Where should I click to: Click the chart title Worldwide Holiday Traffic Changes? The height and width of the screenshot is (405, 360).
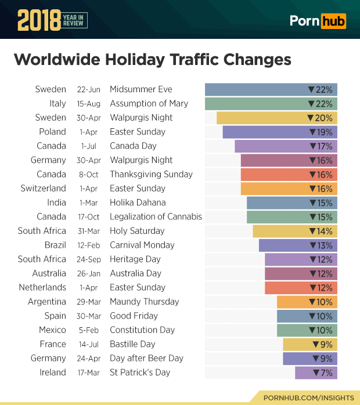(x=152, y=60)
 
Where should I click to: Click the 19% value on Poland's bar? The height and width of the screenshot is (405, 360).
(x=321, y=132)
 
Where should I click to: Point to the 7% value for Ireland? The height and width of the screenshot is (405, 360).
(x=323, y=373)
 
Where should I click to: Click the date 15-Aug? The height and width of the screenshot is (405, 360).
(x=89, y=104)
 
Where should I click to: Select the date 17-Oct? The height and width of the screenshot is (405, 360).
(x=89, y=217)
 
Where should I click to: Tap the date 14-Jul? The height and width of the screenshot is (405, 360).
(x=89, y=344)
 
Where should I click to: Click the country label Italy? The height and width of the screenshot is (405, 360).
(x=57, y=103)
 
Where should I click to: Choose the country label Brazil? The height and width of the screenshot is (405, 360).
(x=55, y=245)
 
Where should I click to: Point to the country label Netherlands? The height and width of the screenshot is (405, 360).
(x=42, y=287)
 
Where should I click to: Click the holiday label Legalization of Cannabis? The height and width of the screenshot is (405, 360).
(x=156, y=216)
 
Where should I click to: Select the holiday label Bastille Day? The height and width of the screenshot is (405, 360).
(x=132, y=344)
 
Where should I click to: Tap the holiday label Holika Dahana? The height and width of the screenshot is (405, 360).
(x=138, y=202)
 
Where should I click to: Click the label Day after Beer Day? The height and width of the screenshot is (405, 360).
(x=146, y=358)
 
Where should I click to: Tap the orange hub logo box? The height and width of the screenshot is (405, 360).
(x=334, y=21)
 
